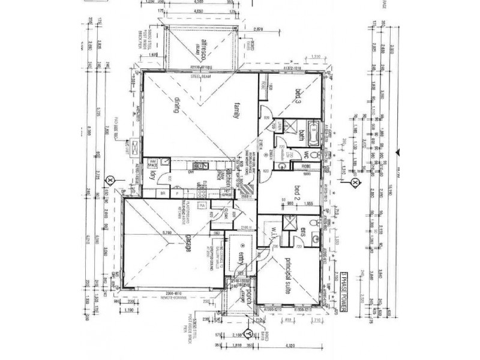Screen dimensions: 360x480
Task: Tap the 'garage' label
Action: click(x=187, y=245)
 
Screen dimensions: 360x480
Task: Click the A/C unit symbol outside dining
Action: click(x=135, y=146)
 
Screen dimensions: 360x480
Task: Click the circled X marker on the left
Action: click(x=110, y=179)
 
